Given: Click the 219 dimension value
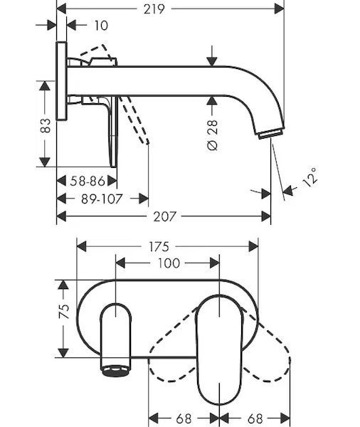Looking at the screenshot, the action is (154, 9).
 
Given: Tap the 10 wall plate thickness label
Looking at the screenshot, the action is (101, 26).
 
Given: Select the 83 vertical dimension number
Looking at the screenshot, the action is (46, 125).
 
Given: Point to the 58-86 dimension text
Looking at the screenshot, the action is (88, 181).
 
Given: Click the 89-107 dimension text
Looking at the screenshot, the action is (102, 199).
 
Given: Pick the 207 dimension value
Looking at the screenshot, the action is (165, 217).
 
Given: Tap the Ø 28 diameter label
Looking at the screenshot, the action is (213, 135).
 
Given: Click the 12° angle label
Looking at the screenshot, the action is (310, 177).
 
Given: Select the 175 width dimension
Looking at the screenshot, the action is (159, 247).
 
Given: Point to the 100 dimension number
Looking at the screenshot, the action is (169, 263).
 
